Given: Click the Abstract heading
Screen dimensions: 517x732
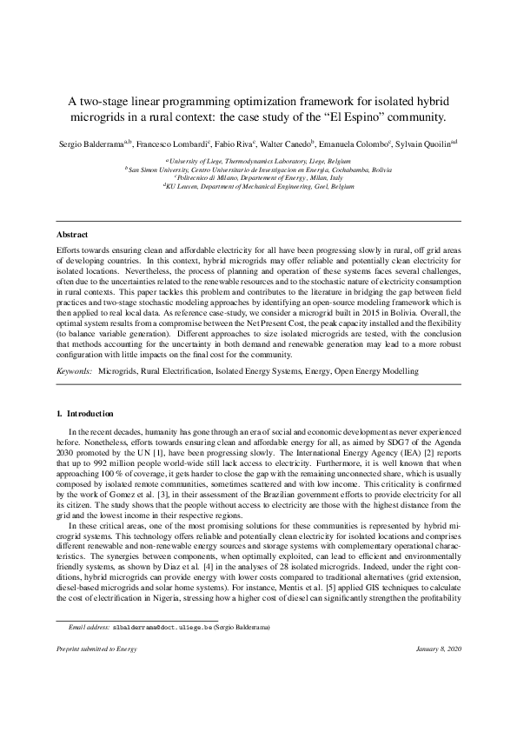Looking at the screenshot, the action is [x=71, y=235].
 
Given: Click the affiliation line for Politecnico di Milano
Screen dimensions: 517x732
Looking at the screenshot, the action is [x=259, y=177].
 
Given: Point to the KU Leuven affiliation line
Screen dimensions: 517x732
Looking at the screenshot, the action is [x=259, y=186].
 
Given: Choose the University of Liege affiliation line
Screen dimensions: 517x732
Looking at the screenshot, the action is [x=259, y=161].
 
